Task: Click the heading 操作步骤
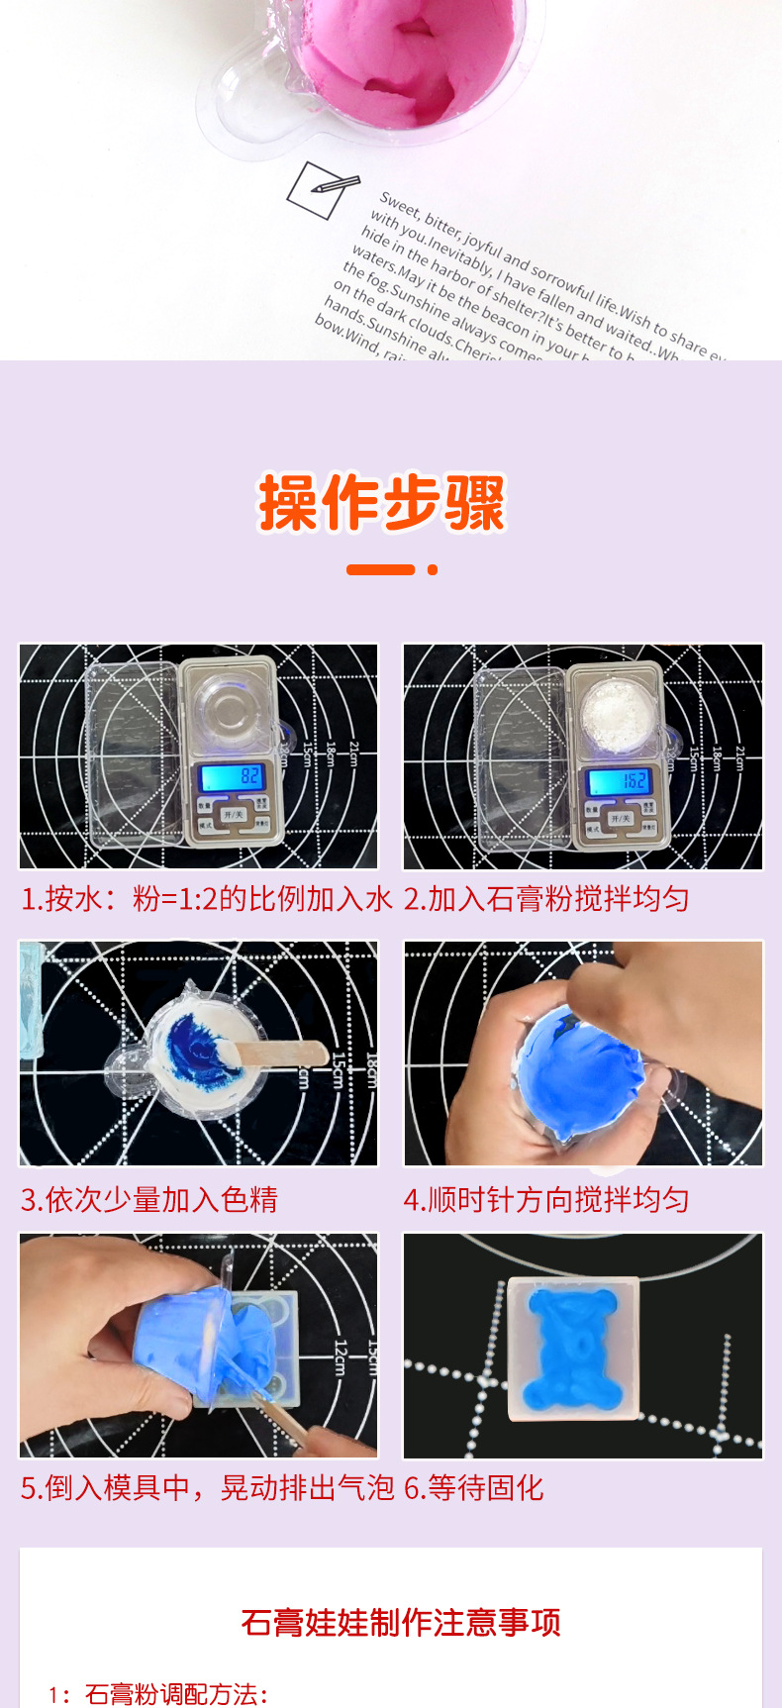[x=382, y=503]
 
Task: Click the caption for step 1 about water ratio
[x=206, y=899]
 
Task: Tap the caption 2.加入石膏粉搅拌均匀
[x=546, y=899]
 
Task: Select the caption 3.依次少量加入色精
[x=149, y=1199]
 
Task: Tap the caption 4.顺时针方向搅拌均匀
[x=546, y=1199]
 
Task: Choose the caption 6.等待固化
[x=474, y=1487]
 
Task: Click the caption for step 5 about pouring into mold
[x=207, y=1487]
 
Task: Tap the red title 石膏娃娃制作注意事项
[x=401, y=1622]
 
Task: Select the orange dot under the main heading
[x=432, y=569]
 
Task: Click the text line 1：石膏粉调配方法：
[x=158, y=1693]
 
